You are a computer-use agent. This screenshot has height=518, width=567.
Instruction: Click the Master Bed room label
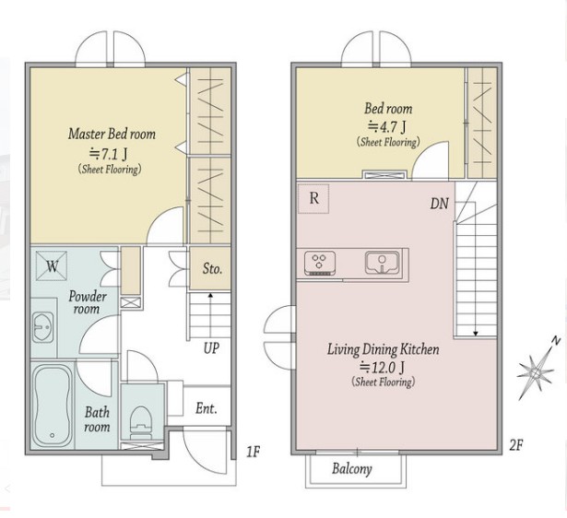[x=112, y=134]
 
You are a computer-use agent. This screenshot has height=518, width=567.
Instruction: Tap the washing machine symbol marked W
[x=52, y=266]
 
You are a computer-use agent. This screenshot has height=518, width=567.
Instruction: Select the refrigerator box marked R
[x=313, y=198]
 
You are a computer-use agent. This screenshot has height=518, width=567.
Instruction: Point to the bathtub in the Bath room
[x=52, y=406]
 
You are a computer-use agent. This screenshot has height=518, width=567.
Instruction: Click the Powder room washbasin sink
[x=42, y=327]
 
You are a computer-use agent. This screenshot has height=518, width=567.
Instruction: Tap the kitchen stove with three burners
[x=319, y=264]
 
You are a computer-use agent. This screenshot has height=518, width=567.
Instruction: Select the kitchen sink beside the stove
[x=383, y=263]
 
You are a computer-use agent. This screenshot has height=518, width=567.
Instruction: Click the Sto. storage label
[x=212, y=268]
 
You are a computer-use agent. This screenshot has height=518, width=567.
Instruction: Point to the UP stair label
[x=211, y=347]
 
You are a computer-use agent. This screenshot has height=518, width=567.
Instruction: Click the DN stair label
[x=440, y=204]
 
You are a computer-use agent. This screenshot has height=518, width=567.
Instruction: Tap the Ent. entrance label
[x=207, y=408]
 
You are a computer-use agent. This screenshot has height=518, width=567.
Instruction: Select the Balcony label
[x=352, y=469]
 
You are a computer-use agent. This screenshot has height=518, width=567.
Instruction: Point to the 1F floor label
[x=253, y=452]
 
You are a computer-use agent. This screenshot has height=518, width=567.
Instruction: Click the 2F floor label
[x=516, y=445]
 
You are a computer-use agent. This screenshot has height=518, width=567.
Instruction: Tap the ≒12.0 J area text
[x=382, y=367]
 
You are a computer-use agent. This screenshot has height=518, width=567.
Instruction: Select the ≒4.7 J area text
[x=386, y=126]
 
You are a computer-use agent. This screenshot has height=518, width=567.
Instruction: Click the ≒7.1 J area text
[x=108, y=154]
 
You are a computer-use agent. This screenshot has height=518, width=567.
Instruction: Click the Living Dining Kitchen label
[x=384, y=349]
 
